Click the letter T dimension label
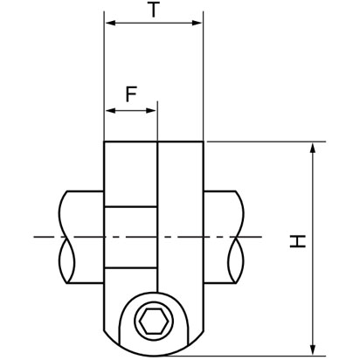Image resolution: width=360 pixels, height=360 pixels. click(154, 11)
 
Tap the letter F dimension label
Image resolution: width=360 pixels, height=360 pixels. click(130, 94)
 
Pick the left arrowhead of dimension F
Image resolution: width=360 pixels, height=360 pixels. click(109, 111)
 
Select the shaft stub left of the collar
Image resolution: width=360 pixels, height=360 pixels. click(83, 236)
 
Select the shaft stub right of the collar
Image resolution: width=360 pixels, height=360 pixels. click(223, 236)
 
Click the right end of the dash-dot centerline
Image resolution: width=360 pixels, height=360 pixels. click(260, 237)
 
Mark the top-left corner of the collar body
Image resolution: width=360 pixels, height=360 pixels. click(105, 142)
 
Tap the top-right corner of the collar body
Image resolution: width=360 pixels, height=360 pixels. click(203, 142)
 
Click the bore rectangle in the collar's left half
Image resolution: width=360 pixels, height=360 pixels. click(131, 236)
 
